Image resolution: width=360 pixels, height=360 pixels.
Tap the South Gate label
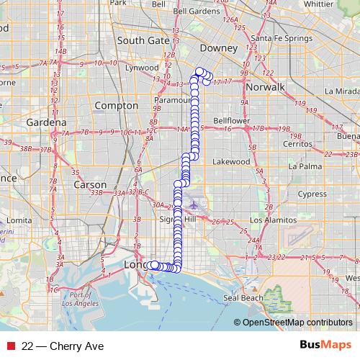[x=143, y=41]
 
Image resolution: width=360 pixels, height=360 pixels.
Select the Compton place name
[x=116, y=106]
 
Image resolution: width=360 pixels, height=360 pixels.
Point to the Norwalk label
[x=265, y=86]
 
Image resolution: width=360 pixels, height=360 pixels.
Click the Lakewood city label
[x=231, y=162]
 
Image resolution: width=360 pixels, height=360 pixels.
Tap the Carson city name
[x=91, y=184]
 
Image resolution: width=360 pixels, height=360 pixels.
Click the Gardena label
[x=46, y=122]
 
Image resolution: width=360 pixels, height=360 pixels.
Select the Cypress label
[x=312, y=194]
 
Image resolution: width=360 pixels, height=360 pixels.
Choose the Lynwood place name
[x=142, y=68]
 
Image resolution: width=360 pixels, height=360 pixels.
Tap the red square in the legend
[x=10, y=346]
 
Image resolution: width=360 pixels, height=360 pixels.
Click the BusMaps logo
[x=325, y=346]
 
